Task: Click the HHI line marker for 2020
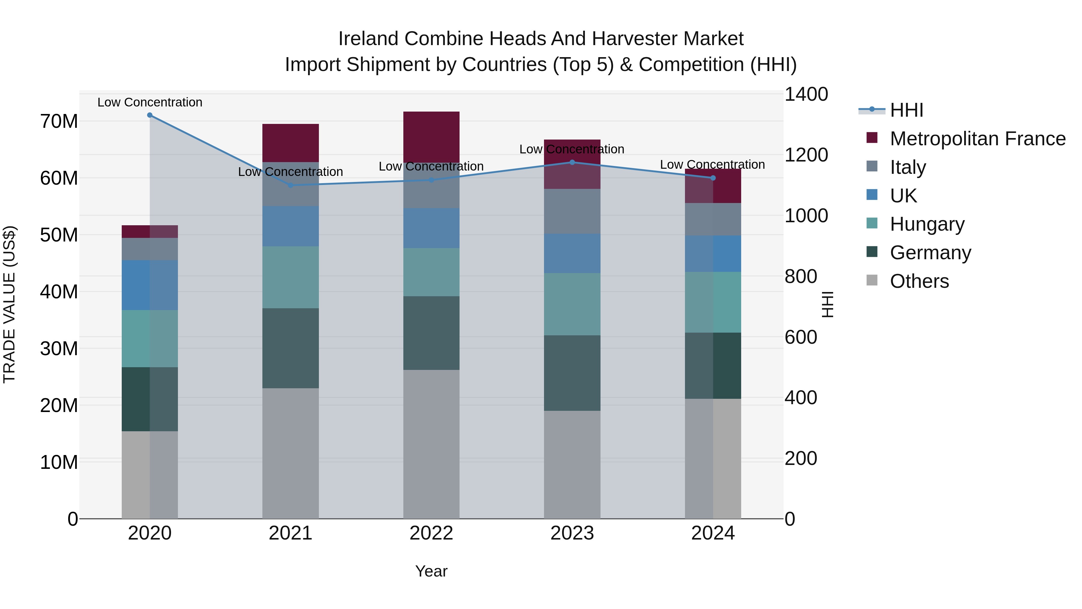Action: tap(150, 115)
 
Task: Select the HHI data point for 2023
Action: tap(572, 162)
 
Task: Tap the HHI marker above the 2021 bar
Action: tap(291, 185)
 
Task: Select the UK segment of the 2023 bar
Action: tap(572, 254)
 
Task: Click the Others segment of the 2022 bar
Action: tap(431, 444)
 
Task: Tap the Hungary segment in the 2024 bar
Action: tap(713, 302)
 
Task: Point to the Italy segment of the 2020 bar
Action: tap(150, 249)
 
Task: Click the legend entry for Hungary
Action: tap(927, 224)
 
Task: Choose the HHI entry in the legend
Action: tap(906, 110)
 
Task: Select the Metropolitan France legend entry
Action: tap(977, 139)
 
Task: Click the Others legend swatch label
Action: tap(919, 281)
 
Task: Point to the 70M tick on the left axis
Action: tap(59, 121)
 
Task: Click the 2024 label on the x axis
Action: tap(713, 533)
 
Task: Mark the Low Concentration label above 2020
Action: tap(150, 102)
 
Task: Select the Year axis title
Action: tap(431, 571)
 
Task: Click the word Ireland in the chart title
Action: tap(368, 39)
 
